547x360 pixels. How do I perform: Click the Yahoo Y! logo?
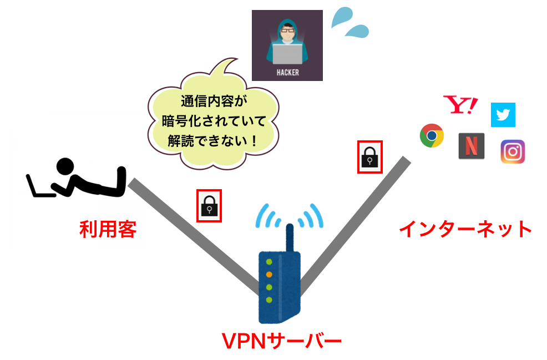[460, 105]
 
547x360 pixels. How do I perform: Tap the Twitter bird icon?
[503, 115]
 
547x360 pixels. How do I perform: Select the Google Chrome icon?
[432, 135]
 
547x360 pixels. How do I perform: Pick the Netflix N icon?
[472, 146]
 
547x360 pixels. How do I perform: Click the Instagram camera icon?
[513, 151]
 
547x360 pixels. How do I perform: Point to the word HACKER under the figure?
[287, 72]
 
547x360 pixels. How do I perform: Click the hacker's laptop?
[287, 54]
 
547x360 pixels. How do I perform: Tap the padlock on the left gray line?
[210, 206]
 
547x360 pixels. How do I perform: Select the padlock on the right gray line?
[370, 157]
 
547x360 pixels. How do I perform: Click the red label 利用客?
[108, 229]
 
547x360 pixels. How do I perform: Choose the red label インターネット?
[465, 229]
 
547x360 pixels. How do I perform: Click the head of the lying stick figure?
[66, 166]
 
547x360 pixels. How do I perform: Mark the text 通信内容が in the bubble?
[213, 102]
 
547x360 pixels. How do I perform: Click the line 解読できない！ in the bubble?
[213, 140]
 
